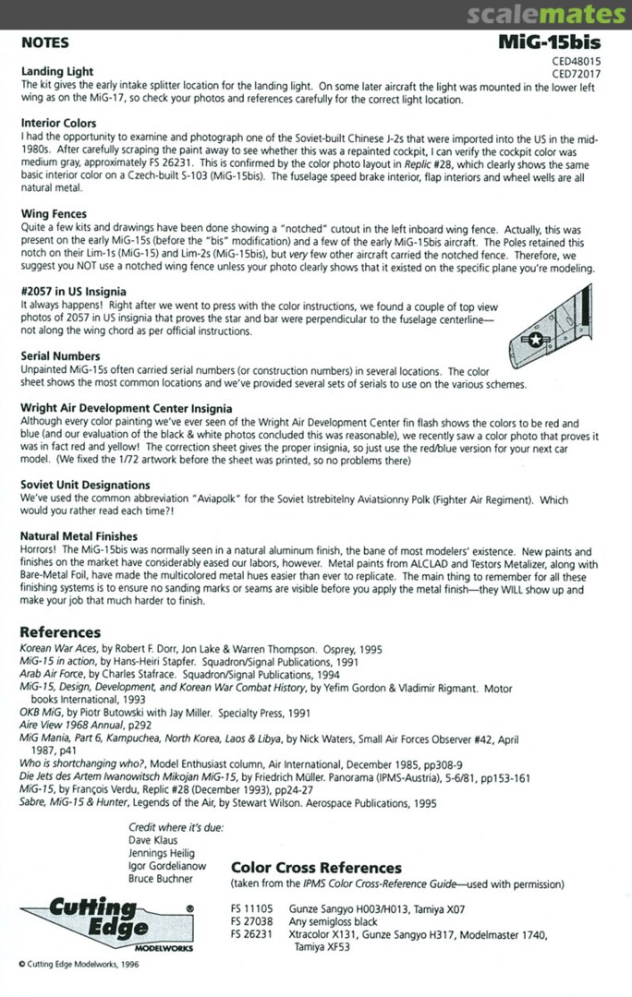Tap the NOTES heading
coord(44,43)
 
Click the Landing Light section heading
coord(56,71)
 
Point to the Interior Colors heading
coord(58,123)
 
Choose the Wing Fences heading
coord(54,213)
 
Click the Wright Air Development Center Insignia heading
coord(126,407)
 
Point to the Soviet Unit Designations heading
coord(85,485)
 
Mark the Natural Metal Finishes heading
coord(79,535)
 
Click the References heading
coord(60,632)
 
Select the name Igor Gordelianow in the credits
coord(167,867)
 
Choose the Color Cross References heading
coord(316,868)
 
